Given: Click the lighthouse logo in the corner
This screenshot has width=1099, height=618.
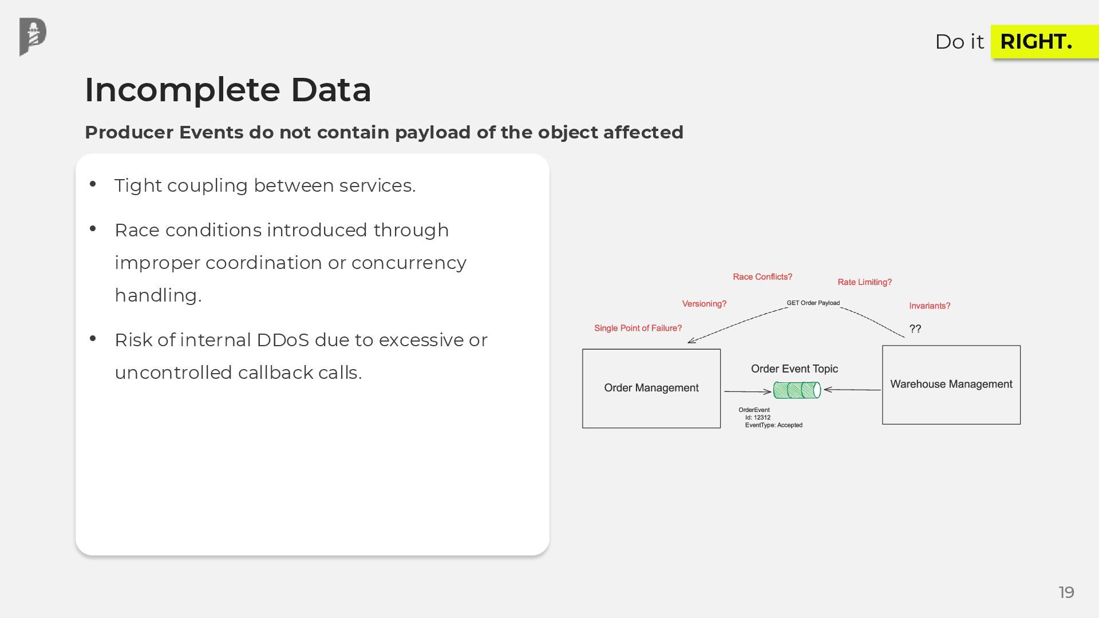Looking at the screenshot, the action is [33, 37].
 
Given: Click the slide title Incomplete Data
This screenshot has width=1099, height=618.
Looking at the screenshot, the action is [228, 90].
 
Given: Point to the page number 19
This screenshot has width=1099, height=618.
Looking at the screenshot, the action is [1066, 592].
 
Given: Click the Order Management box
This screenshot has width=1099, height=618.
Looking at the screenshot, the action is [651, 388].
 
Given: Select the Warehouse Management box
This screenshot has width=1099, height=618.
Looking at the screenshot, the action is [951, 385].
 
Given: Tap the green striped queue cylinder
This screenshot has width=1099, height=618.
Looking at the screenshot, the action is [797, 390].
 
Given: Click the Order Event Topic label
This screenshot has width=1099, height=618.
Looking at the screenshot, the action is [794, 369].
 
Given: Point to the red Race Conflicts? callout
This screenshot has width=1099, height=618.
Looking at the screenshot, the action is [762, 277].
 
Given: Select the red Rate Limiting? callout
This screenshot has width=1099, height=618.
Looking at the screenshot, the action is [864, 282].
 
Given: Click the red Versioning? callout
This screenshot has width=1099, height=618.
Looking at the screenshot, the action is [704, 304].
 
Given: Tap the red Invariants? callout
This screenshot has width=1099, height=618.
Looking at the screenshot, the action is [929, 306].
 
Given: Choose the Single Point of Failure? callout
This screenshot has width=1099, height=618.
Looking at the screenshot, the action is [638, 328].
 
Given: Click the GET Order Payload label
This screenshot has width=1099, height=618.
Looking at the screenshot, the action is [813, 303].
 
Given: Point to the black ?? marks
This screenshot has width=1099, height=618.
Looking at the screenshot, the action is [915, 328].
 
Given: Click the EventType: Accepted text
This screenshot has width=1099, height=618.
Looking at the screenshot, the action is [773, 425].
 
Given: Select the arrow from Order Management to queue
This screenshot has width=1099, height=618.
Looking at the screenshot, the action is [748, 391].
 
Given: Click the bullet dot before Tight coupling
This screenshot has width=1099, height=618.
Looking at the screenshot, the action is [93, 184].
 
